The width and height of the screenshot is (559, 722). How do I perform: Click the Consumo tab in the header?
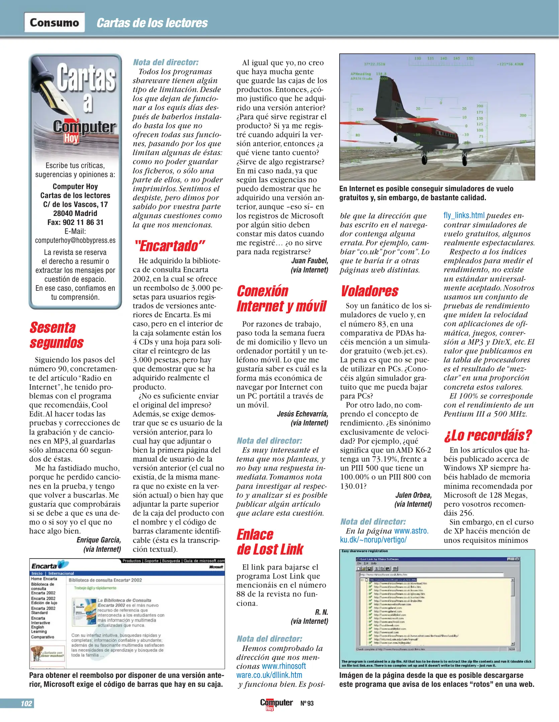pyautogui.click(x=54, y=22)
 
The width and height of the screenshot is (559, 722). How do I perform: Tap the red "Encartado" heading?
pyautogui.click(x=170, y=246)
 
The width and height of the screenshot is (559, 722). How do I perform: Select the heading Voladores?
pyautogui.click(x=369, y=291)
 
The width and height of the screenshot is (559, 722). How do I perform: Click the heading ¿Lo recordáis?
pyautogui.click(x=488, y=435)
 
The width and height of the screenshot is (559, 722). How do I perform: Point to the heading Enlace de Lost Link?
pyautogui.click(x=270, y=542)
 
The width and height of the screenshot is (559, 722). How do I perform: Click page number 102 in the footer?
pyautogui.click(x=26, y=703)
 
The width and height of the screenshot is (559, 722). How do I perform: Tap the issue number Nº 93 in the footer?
pyautogui.click(x=307, y=703)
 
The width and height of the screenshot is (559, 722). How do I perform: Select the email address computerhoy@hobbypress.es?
pyautogui.click(x=75, y=240)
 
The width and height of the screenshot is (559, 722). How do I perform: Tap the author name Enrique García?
pyautogui.click(x=99, y=540)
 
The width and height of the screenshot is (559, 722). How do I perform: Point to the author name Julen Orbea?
pyautogui.click(x=413, y=495)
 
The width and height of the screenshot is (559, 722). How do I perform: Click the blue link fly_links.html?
pyautogui.click(x=464, y=215)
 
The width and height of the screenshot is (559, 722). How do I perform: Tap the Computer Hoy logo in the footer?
pyautogui.click(x=276, y=703)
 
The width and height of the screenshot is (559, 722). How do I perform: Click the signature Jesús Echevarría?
pyautogui.click(x=302, y=414)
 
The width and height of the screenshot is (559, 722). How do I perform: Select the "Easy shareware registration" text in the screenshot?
pyautogui.click(x=365, y=551)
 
